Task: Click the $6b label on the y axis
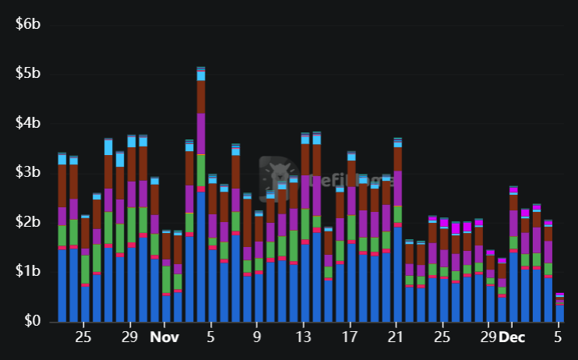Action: point(28,24)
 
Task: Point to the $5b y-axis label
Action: point(28,74)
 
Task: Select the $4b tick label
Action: point(28,123)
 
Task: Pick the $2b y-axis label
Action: point(28,222)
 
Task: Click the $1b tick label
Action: point(28,271)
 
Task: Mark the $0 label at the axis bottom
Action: point(33,320)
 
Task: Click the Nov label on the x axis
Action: point(164,338)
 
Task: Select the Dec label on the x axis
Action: point(513,338)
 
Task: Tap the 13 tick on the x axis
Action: point(305,338)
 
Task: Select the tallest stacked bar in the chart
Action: point(201,195)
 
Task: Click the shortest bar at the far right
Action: point(559,308)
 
